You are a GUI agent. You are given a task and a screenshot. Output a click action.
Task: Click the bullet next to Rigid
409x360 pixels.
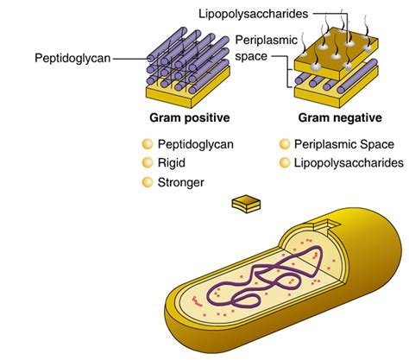146,162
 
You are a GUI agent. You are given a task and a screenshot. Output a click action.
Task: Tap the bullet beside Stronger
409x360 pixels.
146,181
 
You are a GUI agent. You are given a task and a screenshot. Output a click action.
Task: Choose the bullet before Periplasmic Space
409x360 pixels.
286,144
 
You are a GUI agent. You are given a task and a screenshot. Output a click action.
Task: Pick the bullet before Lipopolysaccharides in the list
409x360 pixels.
286,163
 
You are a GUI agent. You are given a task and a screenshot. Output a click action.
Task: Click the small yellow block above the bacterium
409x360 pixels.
246,203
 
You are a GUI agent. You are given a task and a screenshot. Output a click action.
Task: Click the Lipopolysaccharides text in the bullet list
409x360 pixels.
349,162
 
